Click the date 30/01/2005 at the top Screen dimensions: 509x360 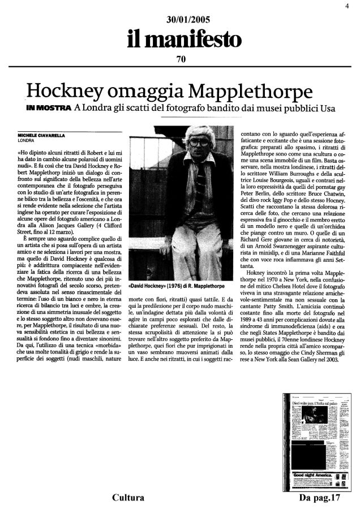pos(180,19)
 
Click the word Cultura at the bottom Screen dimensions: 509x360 pos(127,498)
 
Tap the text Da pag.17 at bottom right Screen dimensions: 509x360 pos(321,498)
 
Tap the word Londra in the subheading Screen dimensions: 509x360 pos(95,108)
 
